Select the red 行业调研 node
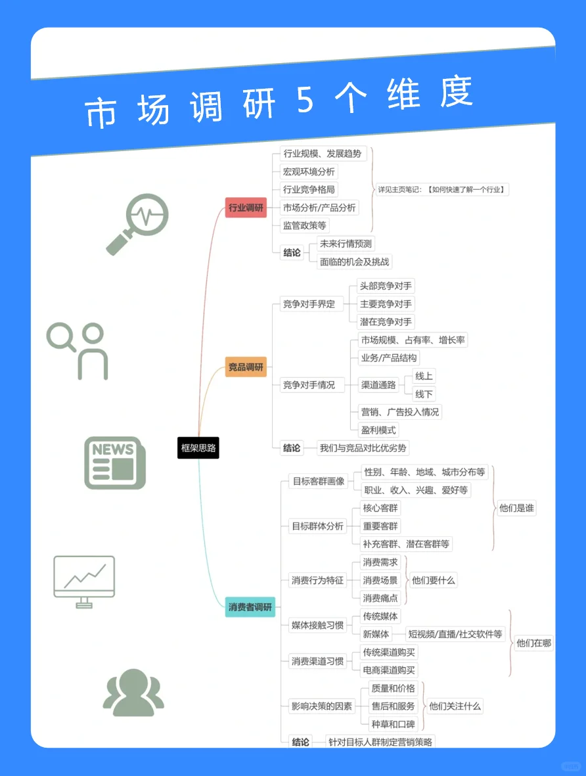[246, 208]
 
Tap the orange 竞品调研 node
[246, 367]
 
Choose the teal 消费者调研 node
[250, 607]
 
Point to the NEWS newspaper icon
[114, 463]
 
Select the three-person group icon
[133, 693]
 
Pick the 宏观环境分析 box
[309, 172]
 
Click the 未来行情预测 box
[346, 244]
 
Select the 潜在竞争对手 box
[386, 322]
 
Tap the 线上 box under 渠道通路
[424, 377]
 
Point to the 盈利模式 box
[378, 430]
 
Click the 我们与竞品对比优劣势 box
[363, 448]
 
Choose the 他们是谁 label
[517, 508]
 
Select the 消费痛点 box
[380, 598]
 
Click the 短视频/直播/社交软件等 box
[455, 634]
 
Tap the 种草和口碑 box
[393, 724]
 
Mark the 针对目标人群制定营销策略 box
[380, 742]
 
